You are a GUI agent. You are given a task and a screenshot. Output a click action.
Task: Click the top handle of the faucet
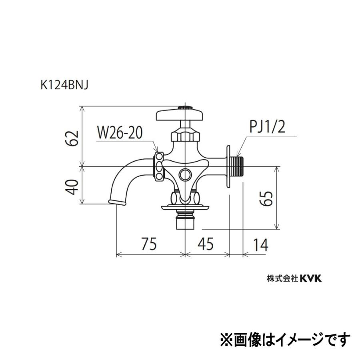click(x=181, y=114)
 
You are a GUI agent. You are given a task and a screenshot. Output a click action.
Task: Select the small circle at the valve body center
click(x=185, y=174)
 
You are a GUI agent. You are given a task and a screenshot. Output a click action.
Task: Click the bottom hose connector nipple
click(x=185, y=221)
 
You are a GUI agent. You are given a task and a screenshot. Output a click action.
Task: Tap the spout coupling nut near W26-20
click(x=159, y=166)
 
